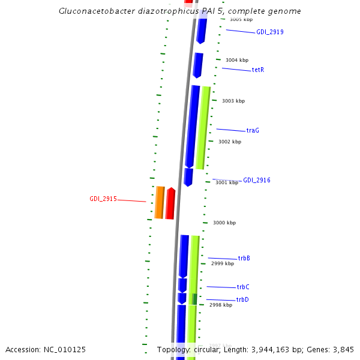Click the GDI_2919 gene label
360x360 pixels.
click(270, 32)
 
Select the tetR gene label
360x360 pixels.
click(258, 70)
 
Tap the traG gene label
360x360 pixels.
click(253, 130)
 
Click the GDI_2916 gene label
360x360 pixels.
click(257, 180)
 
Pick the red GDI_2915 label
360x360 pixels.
click(103, 199)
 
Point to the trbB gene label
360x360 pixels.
click(244, 258)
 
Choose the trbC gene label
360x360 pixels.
click(242, 287)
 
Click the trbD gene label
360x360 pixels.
click(242, 299)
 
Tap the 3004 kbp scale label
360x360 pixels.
click(236, 60)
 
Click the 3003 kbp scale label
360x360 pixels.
click(233, 101)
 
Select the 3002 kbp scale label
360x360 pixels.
click(230, 142)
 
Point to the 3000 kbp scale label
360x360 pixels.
click(224, 223)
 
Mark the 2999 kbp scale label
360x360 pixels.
click(222, 263)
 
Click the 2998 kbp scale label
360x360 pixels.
click(220, 305)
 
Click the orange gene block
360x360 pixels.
click(160, 202)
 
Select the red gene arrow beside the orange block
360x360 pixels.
click(170, 203)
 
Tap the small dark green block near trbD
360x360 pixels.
click(194, 298)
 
